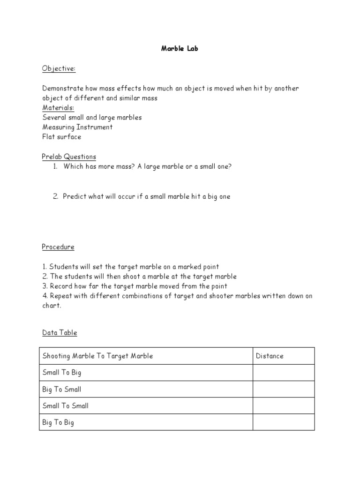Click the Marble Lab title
tap(180, 48)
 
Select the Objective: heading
tap(59, 69)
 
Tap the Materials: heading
tap(58, 108)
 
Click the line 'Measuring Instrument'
tap(77, 127)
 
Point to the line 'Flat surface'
tap(61, 137)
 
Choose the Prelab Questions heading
tap(69, 157)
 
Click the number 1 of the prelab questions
tap(55, 166)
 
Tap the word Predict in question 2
tap(74, 196)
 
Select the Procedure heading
tap(58, 247)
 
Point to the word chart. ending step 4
tap(52, 306)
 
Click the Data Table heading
tap(60, 333)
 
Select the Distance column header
tap(270, 356)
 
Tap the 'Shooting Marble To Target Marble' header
tap(97, 356)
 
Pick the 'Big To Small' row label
tap(61, 389)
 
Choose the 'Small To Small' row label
tap(65, 406)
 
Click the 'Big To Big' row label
tap(58, 422)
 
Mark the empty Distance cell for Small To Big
tap(284, 373)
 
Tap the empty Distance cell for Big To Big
tap(284, 422)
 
